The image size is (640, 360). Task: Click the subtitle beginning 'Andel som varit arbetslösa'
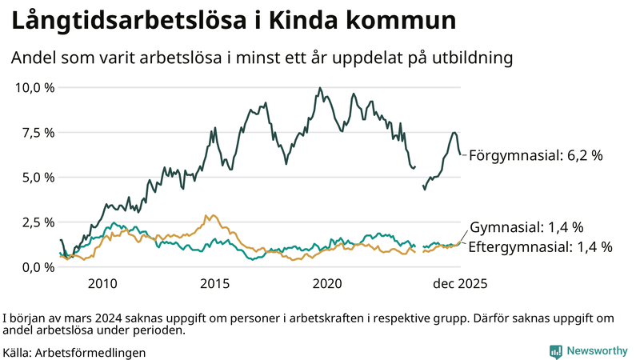tap(261, 58)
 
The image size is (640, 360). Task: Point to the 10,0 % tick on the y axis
tap(34, 87)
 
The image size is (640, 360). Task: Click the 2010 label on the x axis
tap(102, 284)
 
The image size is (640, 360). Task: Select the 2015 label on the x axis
tap(214, 284)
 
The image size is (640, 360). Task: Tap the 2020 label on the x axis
tap(327, 284)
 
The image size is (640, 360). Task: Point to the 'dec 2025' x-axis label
tap(460, 284)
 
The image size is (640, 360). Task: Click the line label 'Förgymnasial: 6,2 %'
tap(534, 155)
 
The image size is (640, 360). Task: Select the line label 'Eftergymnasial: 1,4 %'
tap(539, 247)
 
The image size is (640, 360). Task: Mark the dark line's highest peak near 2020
tap(320, 88)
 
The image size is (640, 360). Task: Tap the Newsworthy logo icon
tap(555, 350)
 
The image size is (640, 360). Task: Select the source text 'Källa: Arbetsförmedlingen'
tap(74, 352)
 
